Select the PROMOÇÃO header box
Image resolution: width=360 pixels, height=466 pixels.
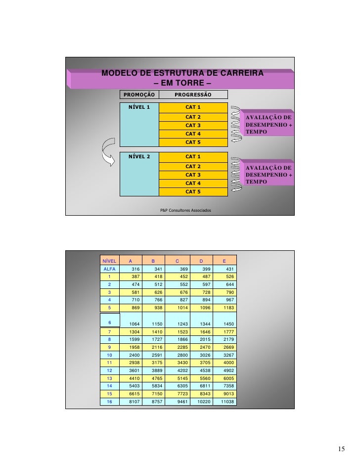coord(139,94)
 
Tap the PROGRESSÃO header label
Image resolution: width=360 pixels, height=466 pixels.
coord(193,94)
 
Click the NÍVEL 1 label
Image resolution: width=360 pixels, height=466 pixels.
coord(139,107)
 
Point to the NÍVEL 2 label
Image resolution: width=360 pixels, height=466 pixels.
coord(139,156)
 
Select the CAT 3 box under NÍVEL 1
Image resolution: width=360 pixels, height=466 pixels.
coord(193,125)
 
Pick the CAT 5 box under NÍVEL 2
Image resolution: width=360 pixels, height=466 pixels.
coord(193,191)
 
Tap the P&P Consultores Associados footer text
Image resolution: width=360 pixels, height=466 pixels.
coord(185,210)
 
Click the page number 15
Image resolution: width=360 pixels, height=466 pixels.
coord(341,449)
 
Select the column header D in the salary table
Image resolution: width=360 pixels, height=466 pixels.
coord(201,260)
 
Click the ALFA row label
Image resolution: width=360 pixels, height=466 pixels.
coord(109,269)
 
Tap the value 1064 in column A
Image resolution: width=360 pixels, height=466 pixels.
coord(133,324)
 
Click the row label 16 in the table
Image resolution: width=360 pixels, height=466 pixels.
coord(109,402)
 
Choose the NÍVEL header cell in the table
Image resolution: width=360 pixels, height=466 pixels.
coord(109,260)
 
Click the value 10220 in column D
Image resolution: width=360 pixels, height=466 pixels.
coord(202,402)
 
